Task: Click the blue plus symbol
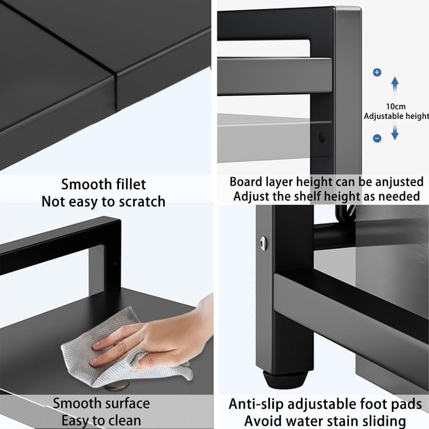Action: click(377, 72)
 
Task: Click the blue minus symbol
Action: click(377, 138)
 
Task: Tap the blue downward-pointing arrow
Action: click(395, 132)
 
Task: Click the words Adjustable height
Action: click(396, 116)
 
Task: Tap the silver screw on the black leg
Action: click(264, 243)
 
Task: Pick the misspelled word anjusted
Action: click(395, 182)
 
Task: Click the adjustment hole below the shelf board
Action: click(322, 137)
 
